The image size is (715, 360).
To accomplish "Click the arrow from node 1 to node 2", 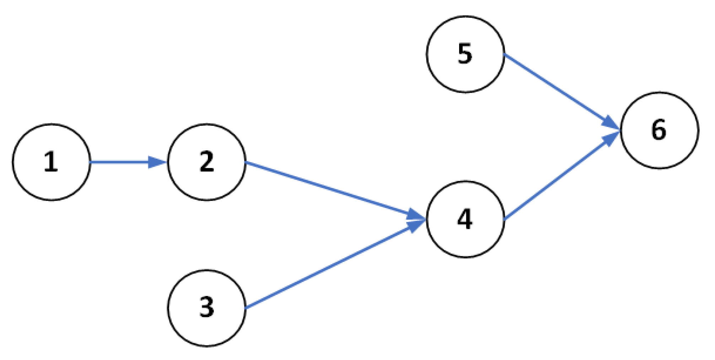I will coord(121,162).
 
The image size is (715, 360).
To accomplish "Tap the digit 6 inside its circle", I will coord(658,130).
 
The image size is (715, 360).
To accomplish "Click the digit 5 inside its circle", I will coord(465,54).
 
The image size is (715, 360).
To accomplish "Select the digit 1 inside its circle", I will coord(51,162).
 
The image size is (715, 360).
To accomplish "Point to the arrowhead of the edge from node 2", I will coord(416,215).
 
